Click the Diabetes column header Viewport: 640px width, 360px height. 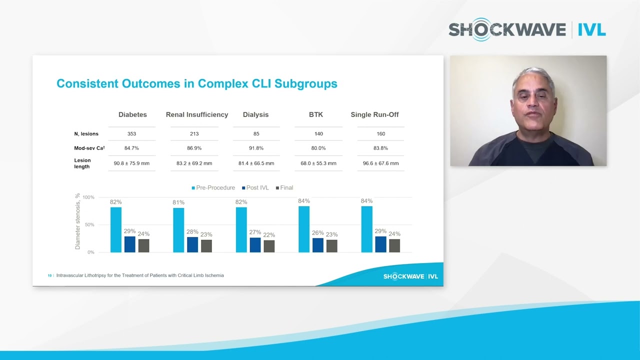click(x=132, y=114)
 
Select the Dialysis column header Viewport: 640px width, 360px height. click(x=255, y=114)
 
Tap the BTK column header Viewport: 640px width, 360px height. click(x=316, y=114)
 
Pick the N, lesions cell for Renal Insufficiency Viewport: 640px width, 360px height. click(x=194, y=134)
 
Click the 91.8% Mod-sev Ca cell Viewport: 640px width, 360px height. click(x=256, y=148)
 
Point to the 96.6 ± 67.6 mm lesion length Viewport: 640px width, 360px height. click(x=380, y=163)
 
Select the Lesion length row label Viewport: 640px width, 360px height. click(x=82, y=163)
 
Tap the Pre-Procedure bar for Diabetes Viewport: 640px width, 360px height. click(x=116, y=229)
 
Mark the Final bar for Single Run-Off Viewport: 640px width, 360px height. click(x=394, y=245)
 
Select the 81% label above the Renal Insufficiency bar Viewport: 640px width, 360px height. click(x=178, y=202)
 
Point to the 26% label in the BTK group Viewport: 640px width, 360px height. click(x=317, y=233)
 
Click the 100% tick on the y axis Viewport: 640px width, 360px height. click(x=88, y=197)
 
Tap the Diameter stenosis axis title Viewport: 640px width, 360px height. click(x=77, y=221)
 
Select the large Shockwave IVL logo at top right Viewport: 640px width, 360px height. click(x=527, y=30)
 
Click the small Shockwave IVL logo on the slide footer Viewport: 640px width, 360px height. click(x=410, y=276)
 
